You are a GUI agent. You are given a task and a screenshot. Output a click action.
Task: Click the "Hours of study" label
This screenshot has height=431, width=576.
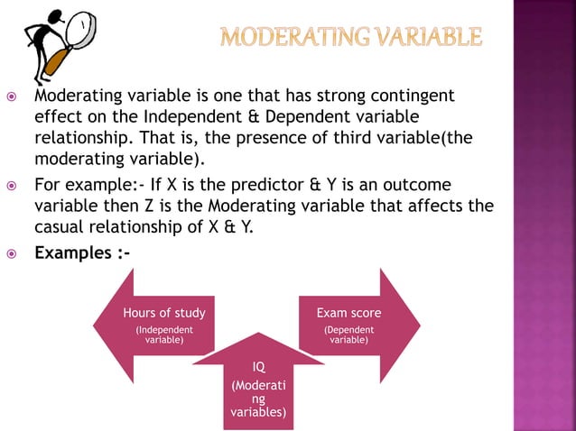pos(164,313)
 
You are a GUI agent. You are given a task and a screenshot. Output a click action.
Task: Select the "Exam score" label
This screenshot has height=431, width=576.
pos(348,313)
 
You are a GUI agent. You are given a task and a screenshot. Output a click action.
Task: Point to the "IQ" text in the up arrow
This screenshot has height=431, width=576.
pos(259,366)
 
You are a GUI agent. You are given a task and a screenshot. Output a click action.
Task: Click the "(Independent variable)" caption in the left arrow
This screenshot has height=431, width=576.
pos(164,335)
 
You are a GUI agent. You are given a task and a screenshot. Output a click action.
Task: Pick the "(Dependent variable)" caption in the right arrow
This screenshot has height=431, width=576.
pos(348,335)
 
